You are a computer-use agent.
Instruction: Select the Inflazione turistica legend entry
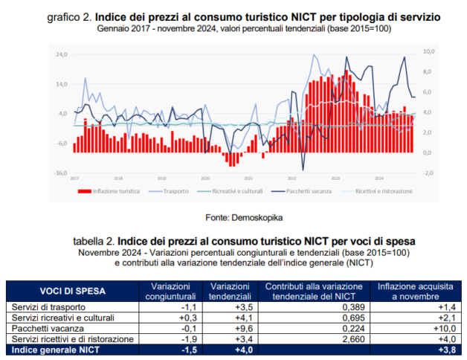click(x=109, y=191)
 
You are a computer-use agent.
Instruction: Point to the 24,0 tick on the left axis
click(x=61, y=54)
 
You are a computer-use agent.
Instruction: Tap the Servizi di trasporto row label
click(x=46, y=307)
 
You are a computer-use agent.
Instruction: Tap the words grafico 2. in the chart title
click(x=69, y=16)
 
